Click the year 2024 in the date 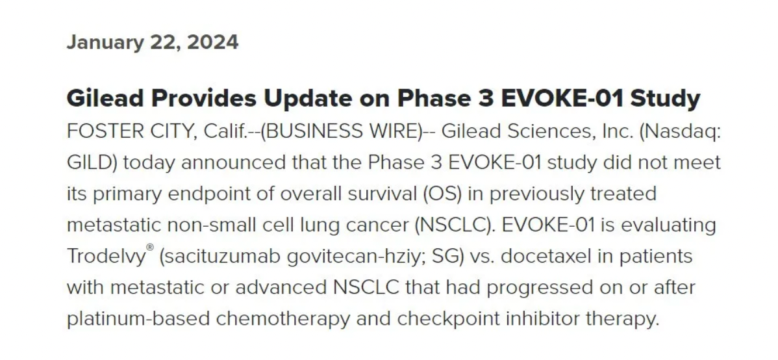click(213, 42)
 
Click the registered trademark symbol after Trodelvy click(151, 248)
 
